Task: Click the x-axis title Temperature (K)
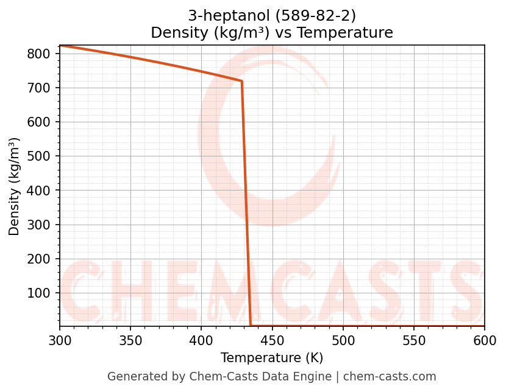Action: [x=272, y=358]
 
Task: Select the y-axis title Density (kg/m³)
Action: [x=15, y=186]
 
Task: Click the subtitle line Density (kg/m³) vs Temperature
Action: [x=272, y=32]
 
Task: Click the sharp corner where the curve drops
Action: [x=242, y=81]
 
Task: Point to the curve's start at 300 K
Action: [x=60, y=46]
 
